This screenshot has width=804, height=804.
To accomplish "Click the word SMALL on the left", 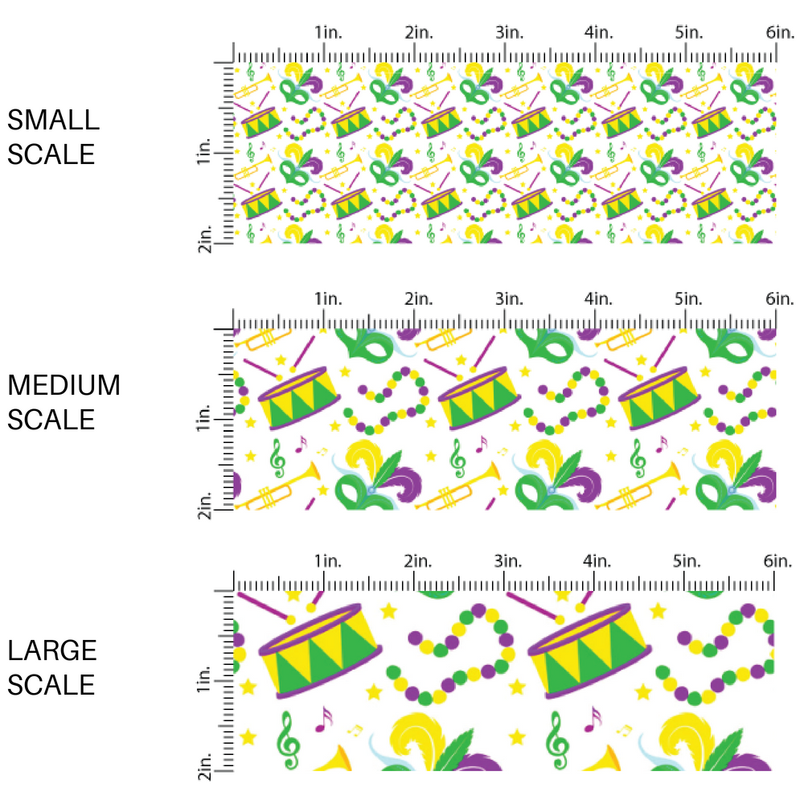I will pyautogui.click(x=53, y=121).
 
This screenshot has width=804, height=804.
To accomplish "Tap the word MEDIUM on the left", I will pyautogui.click(x=64, y=386).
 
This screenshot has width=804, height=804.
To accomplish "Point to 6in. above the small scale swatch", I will pyautogui.click(x=779, y=33).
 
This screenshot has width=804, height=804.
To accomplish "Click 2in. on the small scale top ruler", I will pyautogui.click(x=418, y=33).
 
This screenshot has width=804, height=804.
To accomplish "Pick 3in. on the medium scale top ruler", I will pyautogui.click(x=508, y=298).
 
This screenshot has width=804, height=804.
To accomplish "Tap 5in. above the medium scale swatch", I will pyautogui.click(x=689, y=298).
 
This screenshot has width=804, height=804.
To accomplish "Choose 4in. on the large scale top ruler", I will pyautogui.click(x=598, y=560).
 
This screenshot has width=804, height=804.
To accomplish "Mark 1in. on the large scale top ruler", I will pyautogui.click(x=327, y=560).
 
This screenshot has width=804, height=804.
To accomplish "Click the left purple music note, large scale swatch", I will pyautogui.click(x=324, y=718).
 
